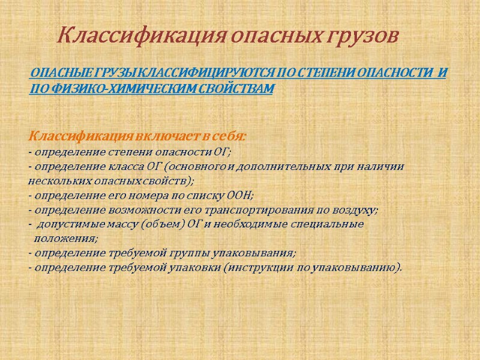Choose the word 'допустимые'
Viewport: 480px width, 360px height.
66,224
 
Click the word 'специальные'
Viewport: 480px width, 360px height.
331,224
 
